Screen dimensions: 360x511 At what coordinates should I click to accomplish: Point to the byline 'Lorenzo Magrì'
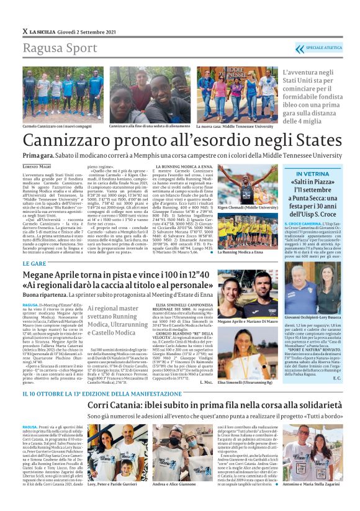click(x=38, y=167)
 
